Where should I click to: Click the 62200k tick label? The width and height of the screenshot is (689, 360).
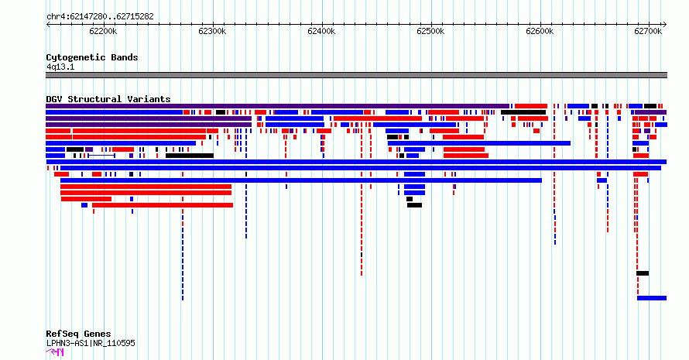pos(103,31)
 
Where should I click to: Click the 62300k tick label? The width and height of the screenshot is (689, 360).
pos(212,31)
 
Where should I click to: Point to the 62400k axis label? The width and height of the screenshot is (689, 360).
pos(321,31)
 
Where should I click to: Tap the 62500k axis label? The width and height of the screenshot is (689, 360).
pos(430,31)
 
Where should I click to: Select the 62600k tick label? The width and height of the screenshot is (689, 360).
pos(540,31)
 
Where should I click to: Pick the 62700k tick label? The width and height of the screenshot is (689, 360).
pos(648,31)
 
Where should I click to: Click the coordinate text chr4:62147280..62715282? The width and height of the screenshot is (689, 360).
pos(100,17)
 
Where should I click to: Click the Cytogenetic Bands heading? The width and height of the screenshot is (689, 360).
pos(92,57)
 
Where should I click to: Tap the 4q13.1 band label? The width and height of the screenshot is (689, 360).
pos(60,67)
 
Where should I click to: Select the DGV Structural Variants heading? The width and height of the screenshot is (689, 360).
pos(108,99)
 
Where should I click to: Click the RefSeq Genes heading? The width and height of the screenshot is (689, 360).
pos(78,334)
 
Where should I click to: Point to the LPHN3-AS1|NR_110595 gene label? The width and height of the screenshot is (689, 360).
pos(91,343)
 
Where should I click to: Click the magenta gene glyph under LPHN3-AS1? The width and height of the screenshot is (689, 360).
pos(55,351)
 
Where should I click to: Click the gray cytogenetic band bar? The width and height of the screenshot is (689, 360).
pos(356,75)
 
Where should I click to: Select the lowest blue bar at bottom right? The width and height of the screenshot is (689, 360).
pos(652,298)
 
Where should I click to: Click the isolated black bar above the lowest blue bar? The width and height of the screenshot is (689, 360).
pos(643,273)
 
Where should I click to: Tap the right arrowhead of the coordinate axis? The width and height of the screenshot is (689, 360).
pos(665,25)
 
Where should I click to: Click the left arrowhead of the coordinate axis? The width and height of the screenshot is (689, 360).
pos(47,25)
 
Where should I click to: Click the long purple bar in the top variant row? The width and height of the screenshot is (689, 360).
pos(277,106)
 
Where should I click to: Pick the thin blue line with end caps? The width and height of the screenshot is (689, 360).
pos(101,156)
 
